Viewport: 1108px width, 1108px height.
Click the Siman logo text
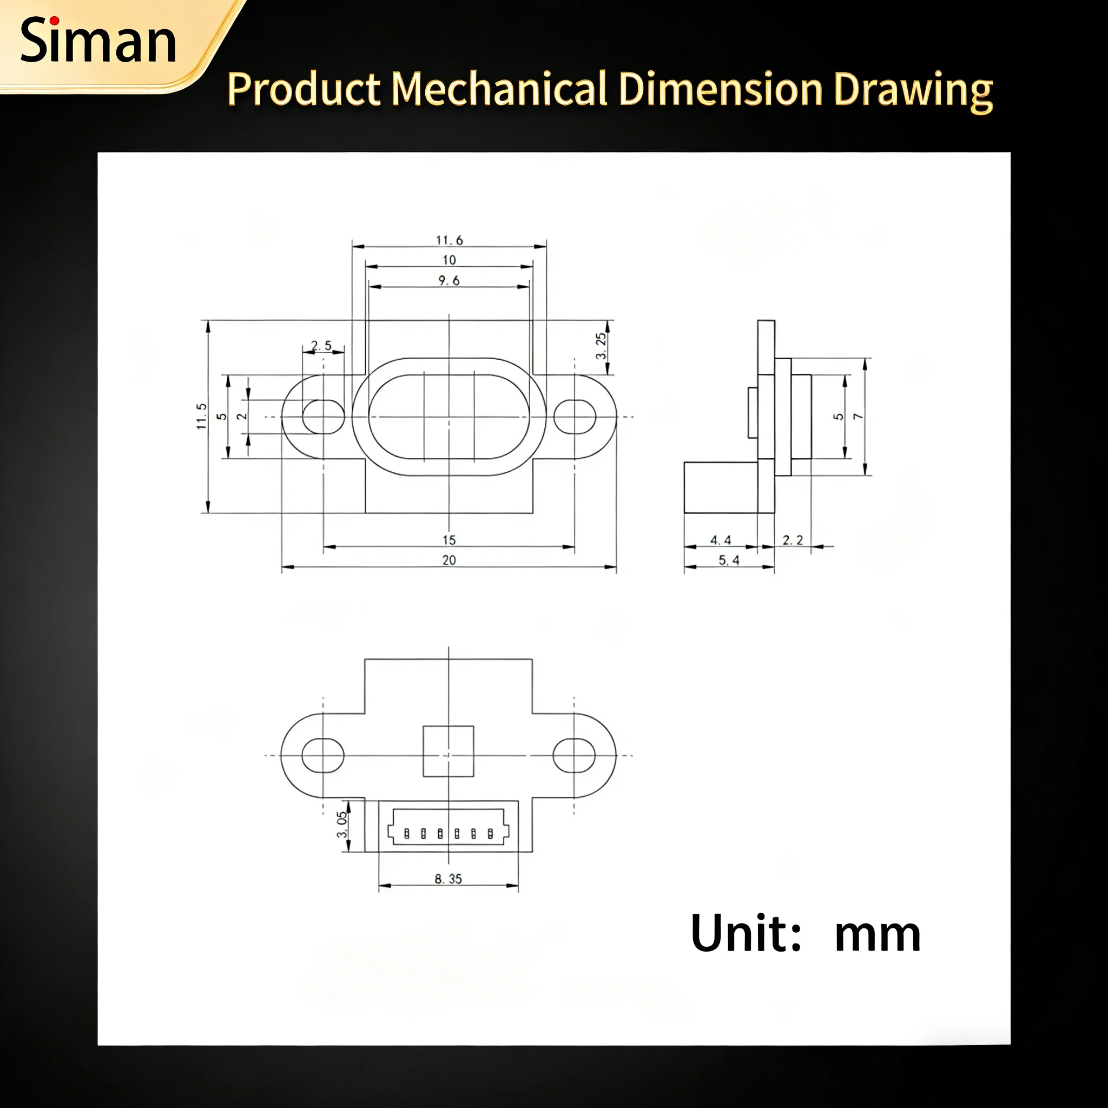click(98, 41)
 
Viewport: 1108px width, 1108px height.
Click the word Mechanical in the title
click(499, 89)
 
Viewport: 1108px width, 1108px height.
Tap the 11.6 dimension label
click(449, 240)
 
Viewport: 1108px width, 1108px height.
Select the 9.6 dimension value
click(449, 280)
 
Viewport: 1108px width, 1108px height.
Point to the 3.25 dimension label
click(601, 346)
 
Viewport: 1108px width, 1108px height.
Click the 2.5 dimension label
click(321, 346)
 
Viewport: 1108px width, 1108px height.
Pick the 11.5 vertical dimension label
click(201, 416)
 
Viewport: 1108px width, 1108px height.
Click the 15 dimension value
click(449, 539)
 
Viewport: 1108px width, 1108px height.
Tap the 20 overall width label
click(449, 560)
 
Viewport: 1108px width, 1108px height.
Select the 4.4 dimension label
click(720, 539)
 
